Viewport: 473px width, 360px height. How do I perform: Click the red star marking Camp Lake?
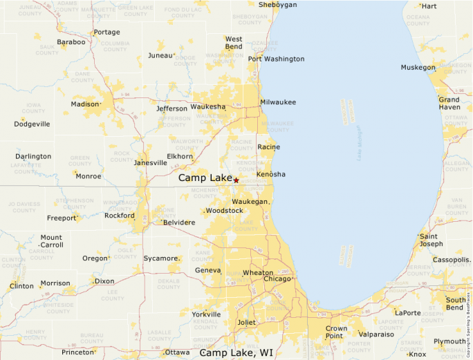point(236,180)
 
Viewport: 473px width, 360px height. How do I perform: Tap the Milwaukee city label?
point(277,102)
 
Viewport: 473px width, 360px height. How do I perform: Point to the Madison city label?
point(84,104)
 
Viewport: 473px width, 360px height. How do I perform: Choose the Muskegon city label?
point(418,67)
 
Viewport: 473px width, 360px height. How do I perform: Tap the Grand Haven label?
point(449,104)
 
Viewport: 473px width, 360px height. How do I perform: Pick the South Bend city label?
point(455,304)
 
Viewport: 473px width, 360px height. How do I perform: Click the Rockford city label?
point(120,216)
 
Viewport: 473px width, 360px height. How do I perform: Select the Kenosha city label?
point(270,174)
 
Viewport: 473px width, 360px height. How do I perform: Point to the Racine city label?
point(268,147)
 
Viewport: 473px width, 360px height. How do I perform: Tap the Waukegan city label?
point(249,201)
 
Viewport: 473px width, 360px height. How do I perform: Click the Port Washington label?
point(276,59)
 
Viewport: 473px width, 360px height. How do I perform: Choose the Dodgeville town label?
point(32,124)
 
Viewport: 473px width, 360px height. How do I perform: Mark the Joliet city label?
point(246,322)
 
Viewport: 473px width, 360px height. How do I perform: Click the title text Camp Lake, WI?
point(236,352)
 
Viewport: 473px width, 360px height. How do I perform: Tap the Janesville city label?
point(150,163)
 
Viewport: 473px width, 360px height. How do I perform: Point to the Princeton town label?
point(77,352)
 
